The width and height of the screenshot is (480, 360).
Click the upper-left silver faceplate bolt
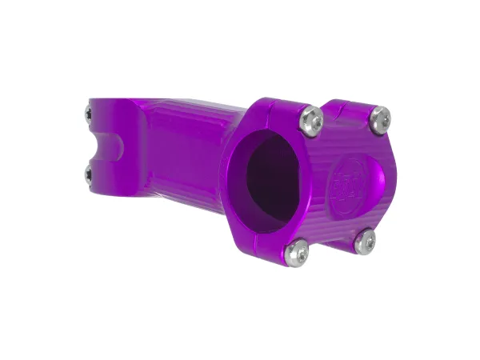(310, 120)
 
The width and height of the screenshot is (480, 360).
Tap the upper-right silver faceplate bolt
(379, 118)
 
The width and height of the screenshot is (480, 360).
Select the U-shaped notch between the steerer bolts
(105, 146)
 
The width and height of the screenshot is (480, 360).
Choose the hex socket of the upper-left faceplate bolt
(310, 120)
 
